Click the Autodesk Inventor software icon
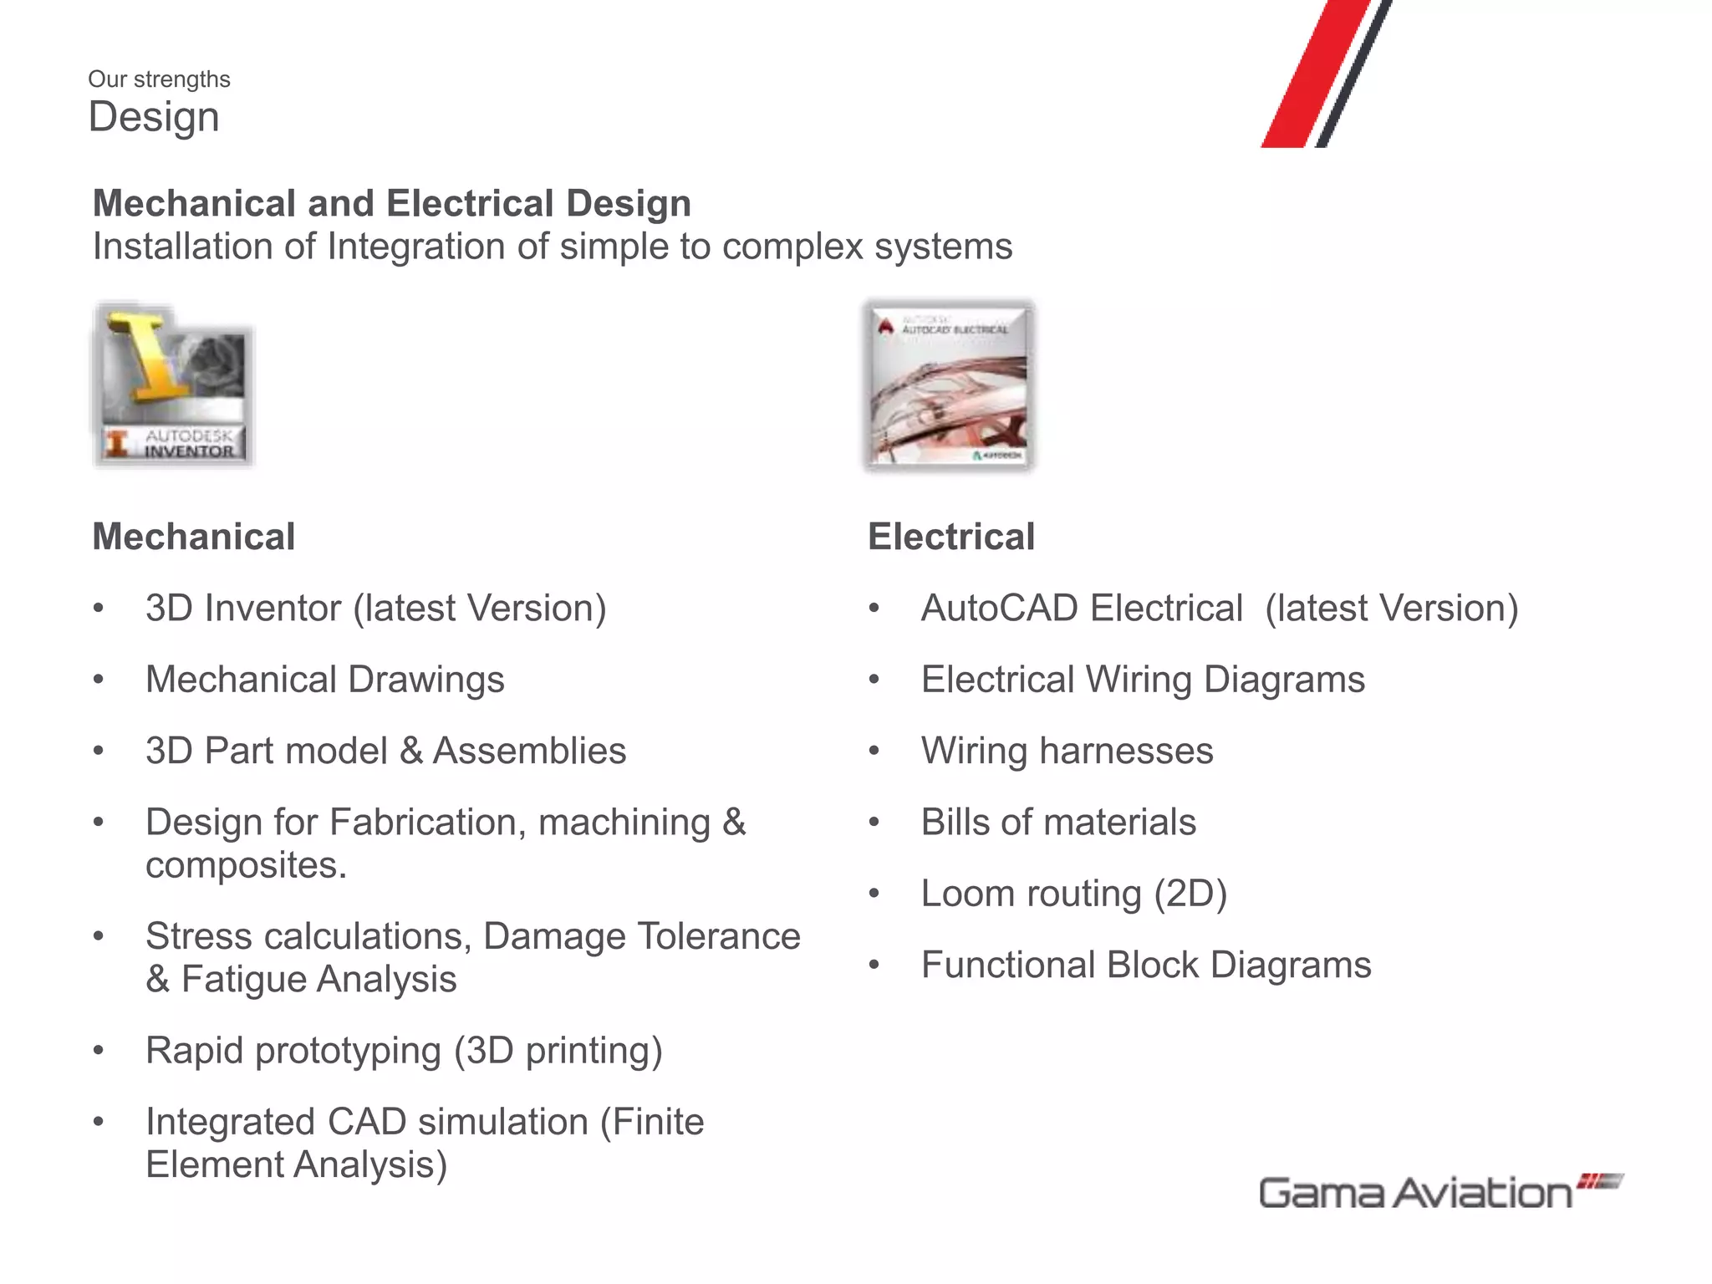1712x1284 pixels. coord(173,385)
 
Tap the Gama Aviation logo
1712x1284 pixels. coord(1438,1192)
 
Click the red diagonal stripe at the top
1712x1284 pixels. coord(1317,75)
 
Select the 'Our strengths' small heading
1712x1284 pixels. coord(159,79)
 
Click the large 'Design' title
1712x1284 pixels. coord(154,117)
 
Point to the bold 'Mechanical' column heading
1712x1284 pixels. coord(194,537)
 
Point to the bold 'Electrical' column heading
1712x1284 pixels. coord(951,537)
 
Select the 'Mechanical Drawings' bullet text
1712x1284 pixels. coord(325,680)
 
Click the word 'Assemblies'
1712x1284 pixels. coord(529,751)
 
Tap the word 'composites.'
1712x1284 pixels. coord(246,866)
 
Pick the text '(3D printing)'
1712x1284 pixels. coord(558,1051)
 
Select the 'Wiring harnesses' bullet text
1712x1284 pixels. coord(1067,751)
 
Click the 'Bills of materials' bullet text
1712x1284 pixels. coord(1058,823)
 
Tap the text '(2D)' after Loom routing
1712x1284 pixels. coord(1190,894)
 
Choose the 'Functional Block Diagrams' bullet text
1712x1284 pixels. coord(1146,966)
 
